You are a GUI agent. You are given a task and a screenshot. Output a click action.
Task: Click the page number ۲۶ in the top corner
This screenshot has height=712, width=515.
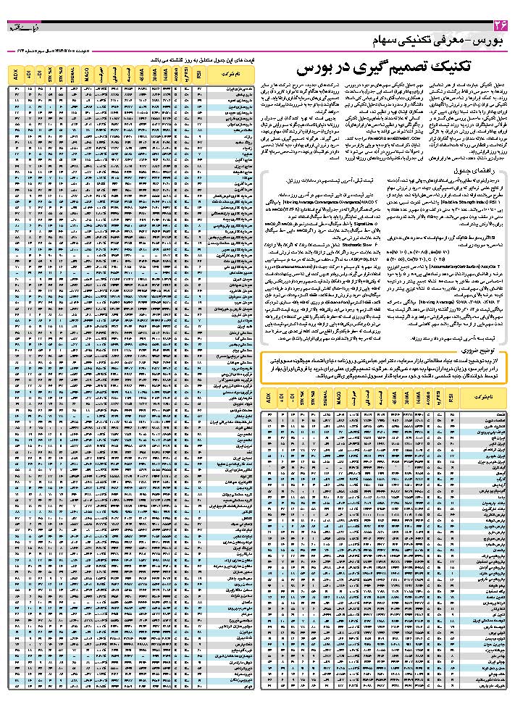tap(499, 27)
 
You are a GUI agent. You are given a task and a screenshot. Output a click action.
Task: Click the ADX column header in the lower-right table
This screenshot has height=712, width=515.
tap(268, 398)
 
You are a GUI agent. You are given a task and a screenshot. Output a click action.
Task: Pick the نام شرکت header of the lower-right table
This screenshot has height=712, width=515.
tap(481, 398)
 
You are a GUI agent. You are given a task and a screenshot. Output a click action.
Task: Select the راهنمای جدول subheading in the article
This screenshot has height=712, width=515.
tap(481, 170)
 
